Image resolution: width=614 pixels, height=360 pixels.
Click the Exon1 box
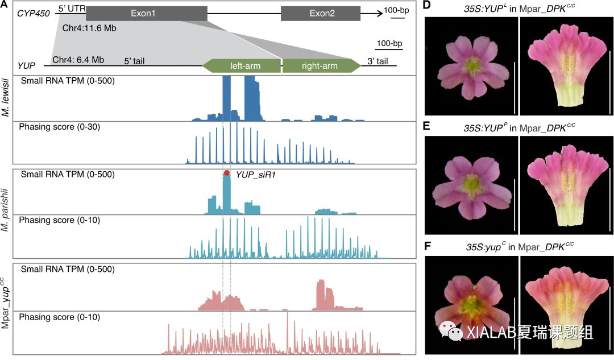click(x=147, y=14)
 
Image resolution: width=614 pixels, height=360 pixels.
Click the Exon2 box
click(x=320, y=14)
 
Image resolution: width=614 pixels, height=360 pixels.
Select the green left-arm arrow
click(x=242, y=66)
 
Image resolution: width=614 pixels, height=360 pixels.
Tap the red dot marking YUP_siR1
click(x=227, y=173)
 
